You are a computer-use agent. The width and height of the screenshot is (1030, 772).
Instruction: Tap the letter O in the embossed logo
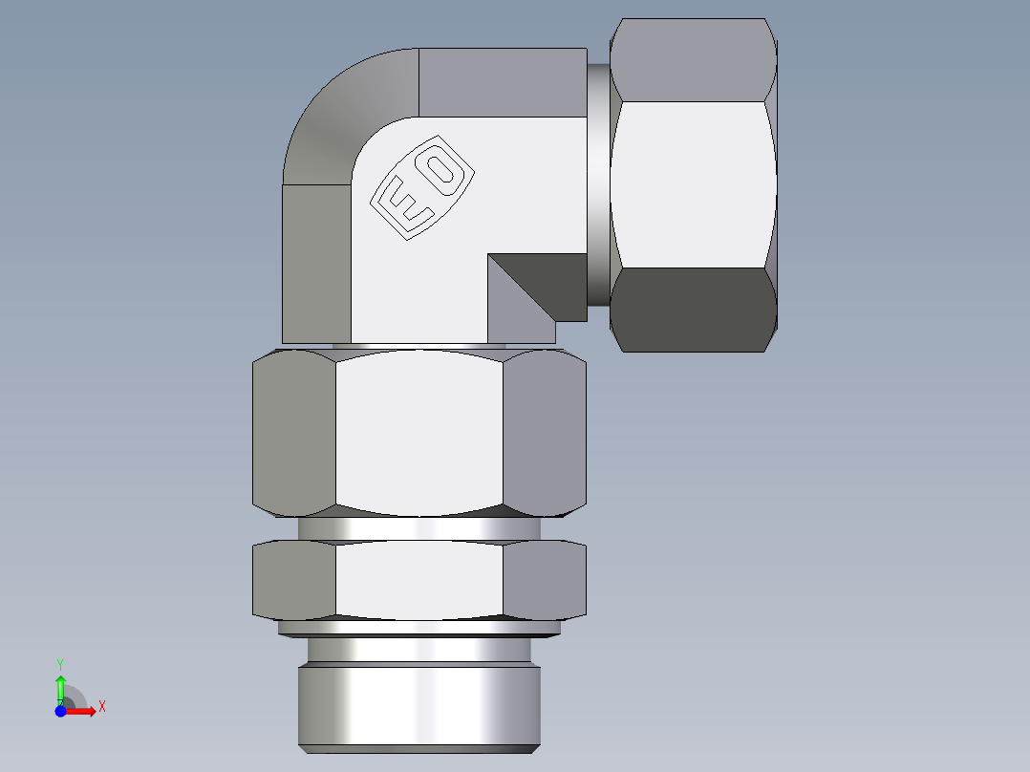[441, 171]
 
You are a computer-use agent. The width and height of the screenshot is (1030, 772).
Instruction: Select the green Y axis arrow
[60, 683]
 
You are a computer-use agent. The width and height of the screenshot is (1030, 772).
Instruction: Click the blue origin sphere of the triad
[60, 710]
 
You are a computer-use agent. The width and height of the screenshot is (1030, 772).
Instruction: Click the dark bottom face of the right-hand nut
[693, 310]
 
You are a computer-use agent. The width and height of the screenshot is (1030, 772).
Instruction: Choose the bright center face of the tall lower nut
[419, 432]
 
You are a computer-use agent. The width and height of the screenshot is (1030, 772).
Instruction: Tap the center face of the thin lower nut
[419, 580]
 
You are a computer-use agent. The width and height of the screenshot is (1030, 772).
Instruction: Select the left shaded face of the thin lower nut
[294, 580]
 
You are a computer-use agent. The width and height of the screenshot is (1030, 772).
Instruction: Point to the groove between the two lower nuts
[419, 529]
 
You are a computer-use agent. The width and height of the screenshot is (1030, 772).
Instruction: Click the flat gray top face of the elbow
[503, 82]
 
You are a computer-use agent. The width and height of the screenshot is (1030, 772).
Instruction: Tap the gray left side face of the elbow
[316, 263]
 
